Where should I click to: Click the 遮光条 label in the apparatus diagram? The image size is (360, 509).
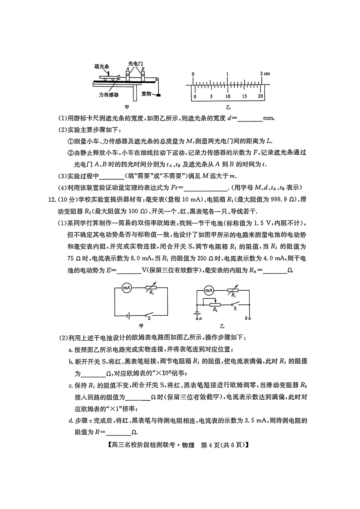coord(102,66)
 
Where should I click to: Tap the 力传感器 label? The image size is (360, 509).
coord(109,95)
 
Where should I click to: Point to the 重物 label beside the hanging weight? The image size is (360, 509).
coord(146,94)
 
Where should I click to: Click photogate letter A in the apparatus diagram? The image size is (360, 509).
coord(128,69)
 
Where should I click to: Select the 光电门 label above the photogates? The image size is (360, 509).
coord(135,64)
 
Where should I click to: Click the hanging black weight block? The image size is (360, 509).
coord(158,95)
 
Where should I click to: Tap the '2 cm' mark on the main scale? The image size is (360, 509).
coord(265,74)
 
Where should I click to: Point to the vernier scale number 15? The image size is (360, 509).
coord(244,96)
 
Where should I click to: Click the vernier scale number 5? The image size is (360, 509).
coord(211,96)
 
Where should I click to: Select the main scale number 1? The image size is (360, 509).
coord(227,74)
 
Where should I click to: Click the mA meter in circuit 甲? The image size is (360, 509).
coord(127,288)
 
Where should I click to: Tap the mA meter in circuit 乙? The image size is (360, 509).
coord(209,290)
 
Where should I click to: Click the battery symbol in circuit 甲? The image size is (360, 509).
coord(128,316)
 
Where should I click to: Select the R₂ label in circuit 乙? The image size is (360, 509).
coord(215,310)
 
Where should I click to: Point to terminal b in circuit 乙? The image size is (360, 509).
coord(246,319)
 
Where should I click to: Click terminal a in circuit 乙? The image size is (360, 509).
coord(200,319)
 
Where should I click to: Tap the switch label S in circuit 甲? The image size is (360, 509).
coord(149,318)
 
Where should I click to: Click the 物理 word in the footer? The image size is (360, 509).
coord(188,445)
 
